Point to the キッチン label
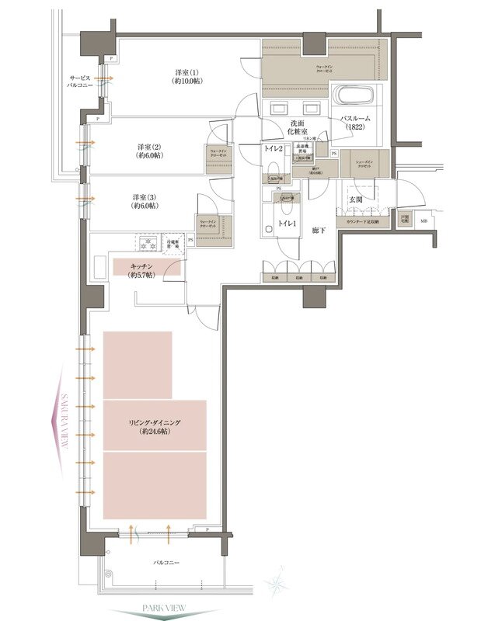coord(145,269)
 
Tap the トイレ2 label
coord(273,148)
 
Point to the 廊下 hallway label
coord(319,231)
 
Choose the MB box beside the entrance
coord(424,222)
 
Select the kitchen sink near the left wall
coord(100,267)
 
